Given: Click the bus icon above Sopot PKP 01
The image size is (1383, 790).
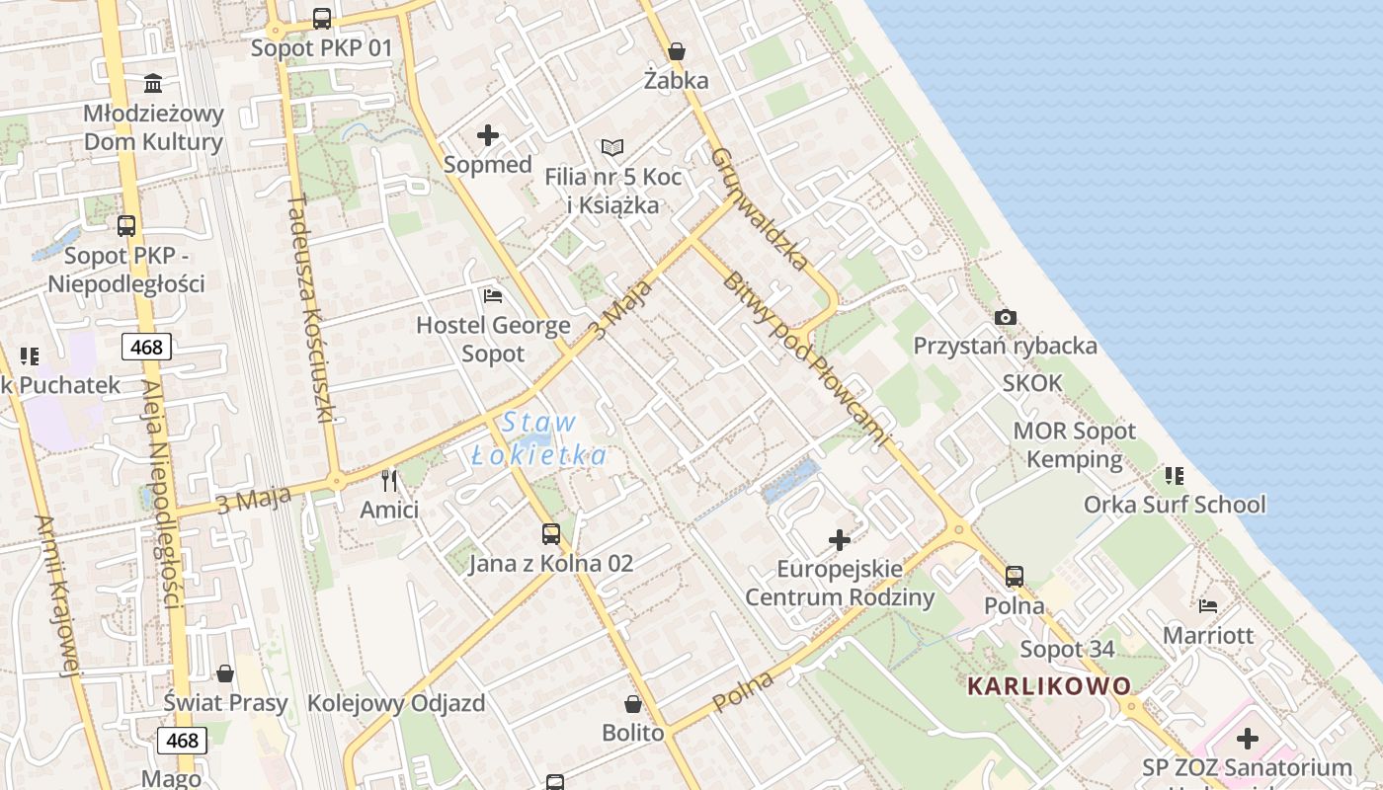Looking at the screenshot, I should [x=321, y=18].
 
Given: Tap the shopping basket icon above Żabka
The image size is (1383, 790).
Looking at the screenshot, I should [x=677, y=51].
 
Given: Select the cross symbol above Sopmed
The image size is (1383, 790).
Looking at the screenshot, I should [x=488, y=135].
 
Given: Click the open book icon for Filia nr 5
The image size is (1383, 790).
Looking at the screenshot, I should [x=612, y=148].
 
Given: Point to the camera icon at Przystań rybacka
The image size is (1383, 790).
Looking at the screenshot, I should [x=1006, y=317].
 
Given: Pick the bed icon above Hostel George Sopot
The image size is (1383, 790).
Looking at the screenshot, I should [x=493, y=295].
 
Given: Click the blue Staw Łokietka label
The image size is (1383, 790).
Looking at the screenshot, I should [x=538, y=438].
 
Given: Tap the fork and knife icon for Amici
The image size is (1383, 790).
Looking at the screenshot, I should [x=389, y=481].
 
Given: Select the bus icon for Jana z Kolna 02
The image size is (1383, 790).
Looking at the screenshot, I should [x=551, y=534].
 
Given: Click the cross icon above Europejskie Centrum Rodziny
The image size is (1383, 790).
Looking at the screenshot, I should [x=840, y=539].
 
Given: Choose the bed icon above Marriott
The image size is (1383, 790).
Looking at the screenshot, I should [x=1207, y=605].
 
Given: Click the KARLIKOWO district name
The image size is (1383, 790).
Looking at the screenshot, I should [x=1049, y=685].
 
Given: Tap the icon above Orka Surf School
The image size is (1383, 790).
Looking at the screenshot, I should [x=1175, y=476].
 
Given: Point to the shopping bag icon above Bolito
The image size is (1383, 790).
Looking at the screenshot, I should [x=633, y=704].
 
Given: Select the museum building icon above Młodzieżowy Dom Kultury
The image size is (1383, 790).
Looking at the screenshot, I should [x=153, y=83].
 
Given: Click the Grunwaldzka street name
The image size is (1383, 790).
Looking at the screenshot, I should [x=759, y=209].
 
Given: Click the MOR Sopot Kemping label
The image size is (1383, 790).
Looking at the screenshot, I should [x=1075, y=445].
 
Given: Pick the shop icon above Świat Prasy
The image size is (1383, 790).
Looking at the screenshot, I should [x=225, y=673].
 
